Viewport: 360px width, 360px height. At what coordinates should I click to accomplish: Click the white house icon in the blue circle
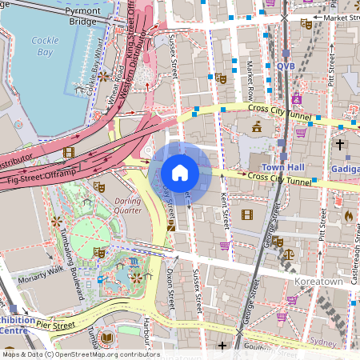(x=180, y=172)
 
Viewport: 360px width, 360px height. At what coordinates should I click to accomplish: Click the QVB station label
(x=286, y=67)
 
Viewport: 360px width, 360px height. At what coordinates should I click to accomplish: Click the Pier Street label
(x=54, y=326)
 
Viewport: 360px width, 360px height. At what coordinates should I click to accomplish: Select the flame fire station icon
(x=348, y=215)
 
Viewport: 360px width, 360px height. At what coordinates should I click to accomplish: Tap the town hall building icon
(x=258, y=126)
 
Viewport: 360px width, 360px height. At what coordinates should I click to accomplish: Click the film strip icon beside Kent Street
(x=246, y=214)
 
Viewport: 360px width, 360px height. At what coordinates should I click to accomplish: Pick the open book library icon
(x=107, y=339)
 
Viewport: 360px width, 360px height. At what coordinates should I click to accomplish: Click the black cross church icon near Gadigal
(x=339, y=144)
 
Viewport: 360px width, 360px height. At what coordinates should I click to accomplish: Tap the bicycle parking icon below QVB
(x=296, y=98)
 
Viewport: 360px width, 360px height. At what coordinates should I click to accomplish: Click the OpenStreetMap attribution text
(x=80, y=354)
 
